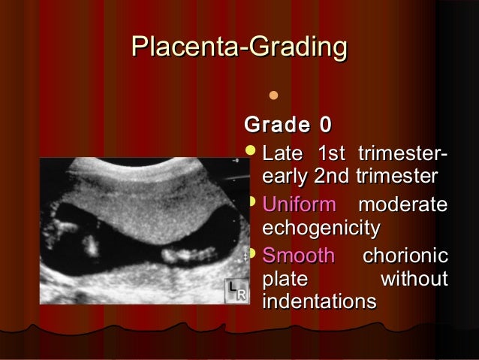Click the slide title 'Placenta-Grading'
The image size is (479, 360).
pyautogui.click(x=239, y=47)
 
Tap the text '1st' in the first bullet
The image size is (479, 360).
pyautogui.click(x=331, y=156)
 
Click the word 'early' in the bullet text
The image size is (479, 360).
pyautogui.click(x=285, y=177)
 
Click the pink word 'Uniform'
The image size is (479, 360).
pyautogui.click(x=299, y=204)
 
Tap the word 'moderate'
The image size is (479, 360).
pyautogui.click(x=402, y=204)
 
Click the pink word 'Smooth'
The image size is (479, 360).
pyautogui.click(x=298, y=256)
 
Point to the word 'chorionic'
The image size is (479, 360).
pyautogui.click(x=405, y=256)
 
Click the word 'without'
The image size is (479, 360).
pyautogui.click(x=415, y=280)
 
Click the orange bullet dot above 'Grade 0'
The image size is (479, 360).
pyautogui.click(x=273, y=95)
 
